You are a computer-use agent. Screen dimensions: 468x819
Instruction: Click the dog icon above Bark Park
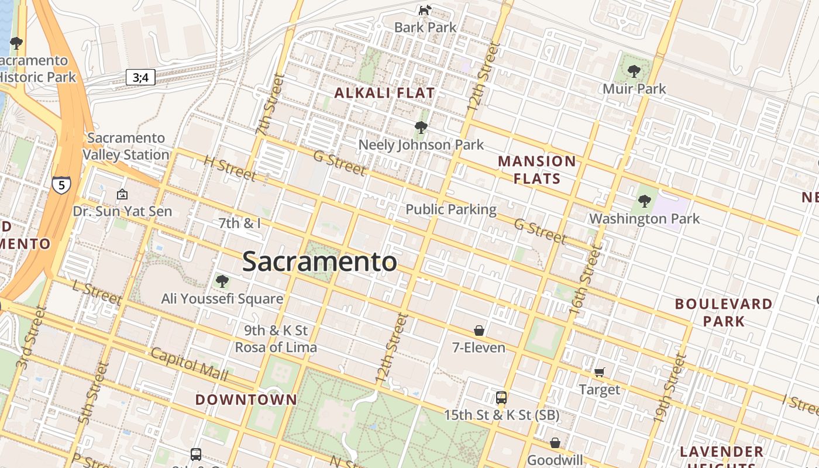coord(425,10)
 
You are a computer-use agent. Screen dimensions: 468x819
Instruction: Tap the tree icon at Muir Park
coord(633,71)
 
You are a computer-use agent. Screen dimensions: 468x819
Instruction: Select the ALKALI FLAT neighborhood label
coord(384,93)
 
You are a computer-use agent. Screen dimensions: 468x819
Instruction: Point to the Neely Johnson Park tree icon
coord(420,127)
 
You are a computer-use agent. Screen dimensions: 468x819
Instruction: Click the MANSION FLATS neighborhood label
coord(537,170)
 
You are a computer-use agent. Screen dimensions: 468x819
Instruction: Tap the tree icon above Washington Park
coord(644,201)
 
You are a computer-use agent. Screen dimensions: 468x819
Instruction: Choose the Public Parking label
coord(450,209)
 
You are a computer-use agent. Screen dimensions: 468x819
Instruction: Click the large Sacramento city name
coord(319,261)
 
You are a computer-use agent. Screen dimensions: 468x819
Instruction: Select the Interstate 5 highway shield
coord(61,185)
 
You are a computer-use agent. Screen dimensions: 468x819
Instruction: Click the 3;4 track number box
coord(140,77)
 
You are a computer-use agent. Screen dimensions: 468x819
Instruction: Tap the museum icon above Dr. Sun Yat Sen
coord(122,194)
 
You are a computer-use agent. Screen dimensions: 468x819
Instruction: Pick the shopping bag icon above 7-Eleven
coord(479,331)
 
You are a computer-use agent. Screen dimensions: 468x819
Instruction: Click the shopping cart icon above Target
coord(599,372)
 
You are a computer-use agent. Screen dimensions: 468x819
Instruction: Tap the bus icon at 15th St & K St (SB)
coord(501,398)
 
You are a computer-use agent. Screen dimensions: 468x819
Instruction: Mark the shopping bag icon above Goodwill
coord(555,443)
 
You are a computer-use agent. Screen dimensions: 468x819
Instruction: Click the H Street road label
coord(229,168)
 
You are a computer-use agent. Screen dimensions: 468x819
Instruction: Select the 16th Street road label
coord(585,281)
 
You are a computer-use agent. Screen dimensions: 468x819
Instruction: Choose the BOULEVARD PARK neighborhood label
coord(723,312)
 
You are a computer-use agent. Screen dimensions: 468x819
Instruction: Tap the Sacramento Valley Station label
coord(126,146)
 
